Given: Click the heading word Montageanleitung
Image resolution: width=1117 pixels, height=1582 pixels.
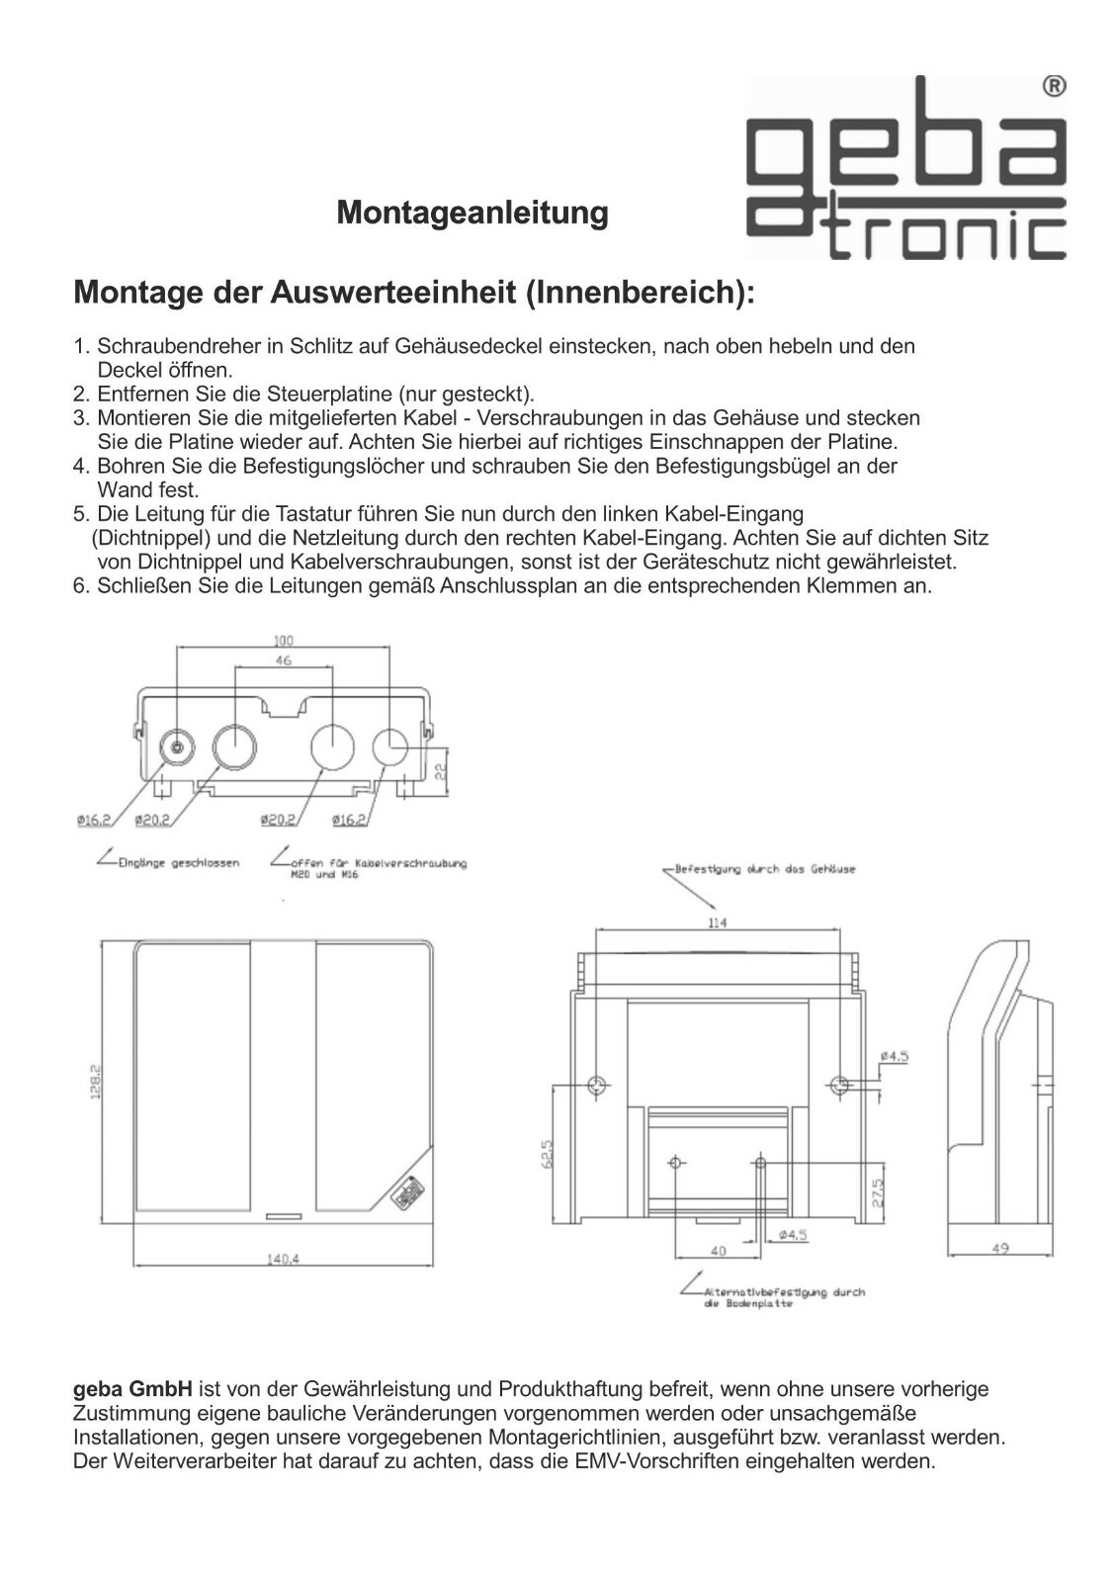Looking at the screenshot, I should [x=473, y=213].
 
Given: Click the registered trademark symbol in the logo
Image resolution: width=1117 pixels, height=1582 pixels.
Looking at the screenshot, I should [x=1054, y=87].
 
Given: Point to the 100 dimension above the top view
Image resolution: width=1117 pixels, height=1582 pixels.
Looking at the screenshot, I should [x=283, y=641].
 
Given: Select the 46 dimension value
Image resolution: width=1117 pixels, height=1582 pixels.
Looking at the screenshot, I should [x=283, y=660].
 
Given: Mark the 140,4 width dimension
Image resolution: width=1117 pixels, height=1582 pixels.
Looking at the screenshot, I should [x=283, y=1259].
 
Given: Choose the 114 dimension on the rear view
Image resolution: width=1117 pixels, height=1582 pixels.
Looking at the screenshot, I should [x=717, y=923].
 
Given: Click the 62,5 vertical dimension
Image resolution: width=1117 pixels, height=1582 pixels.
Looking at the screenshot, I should [x=547, y=1155].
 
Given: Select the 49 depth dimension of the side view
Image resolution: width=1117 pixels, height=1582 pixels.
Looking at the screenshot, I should [x=999, y=1249].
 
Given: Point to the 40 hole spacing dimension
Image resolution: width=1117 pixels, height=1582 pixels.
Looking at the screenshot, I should [x=718, y=1251].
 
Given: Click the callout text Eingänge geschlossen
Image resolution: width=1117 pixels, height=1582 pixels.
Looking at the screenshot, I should [x=178, y=863].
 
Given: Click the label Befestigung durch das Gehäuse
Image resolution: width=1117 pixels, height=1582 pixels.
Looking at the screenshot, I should [x=764, y=869].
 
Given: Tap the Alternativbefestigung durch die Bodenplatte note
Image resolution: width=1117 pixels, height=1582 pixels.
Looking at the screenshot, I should [x=781, y=1297].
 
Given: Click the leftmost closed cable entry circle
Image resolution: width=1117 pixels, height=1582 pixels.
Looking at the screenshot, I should [x=177, y=747].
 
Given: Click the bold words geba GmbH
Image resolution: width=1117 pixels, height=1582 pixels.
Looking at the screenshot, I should [x=132, y=1389].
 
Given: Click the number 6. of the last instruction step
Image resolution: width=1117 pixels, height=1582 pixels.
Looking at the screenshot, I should [x=82, y=586].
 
